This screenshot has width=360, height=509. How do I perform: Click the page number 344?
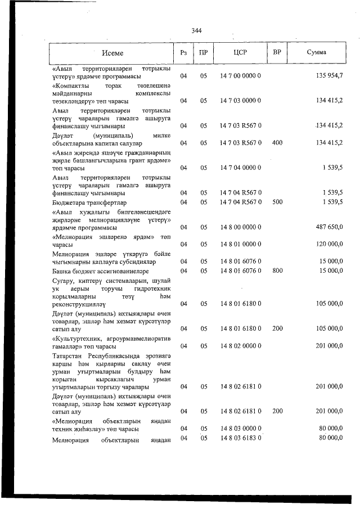click(x=196, y=31)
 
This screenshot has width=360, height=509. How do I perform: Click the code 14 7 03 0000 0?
click(x=240, y=101)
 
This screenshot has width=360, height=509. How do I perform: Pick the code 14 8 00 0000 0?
click(x=240, y=227)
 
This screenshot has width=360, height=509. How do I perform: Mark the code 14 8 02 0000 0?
click(x=240, y=345)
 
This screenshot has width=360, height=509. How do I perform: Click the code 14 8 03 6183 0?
click(x=240, y=438)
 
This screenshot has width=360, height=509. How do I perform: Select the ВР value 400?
click(x=277, y=143)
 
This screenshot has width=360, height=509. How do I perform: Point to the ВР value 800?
click(x=277, y=271)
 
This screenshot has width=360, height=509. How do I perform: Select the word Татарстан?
click(x=67, y=355)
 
